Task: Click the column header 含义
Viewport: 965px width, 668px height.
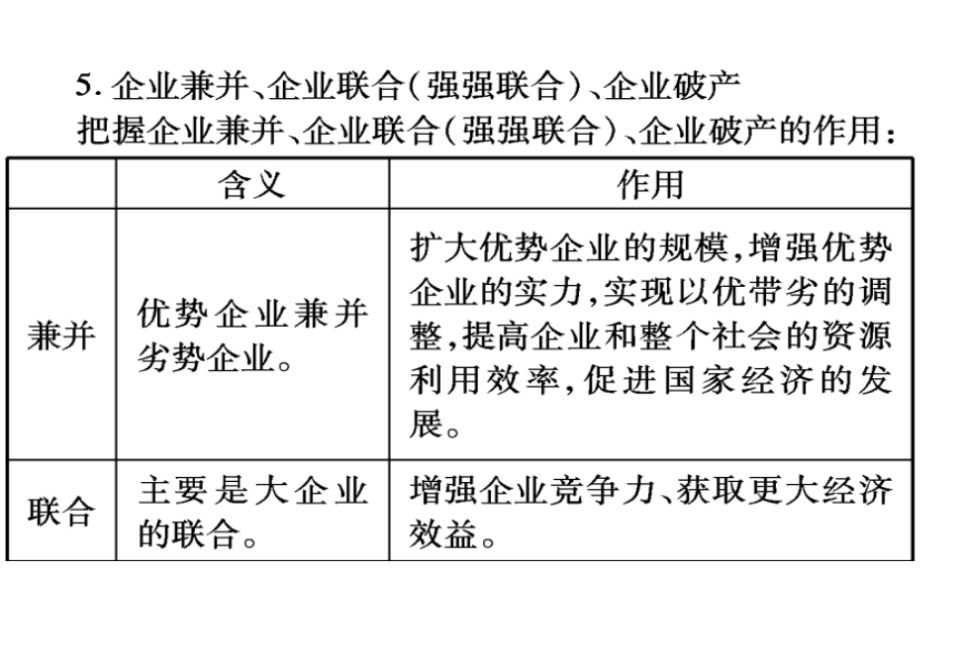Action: tap(252, 184)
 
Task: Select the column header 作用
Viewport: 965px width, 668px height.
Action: tap(650, 184)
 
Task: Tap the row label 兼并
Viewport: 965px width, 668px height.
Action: tap(61, 335)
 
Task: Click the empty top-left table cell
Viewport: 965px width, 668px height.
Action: tap(61, 184)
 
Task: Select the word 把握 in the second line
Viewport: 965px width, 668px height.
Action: tap(112, 131)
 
